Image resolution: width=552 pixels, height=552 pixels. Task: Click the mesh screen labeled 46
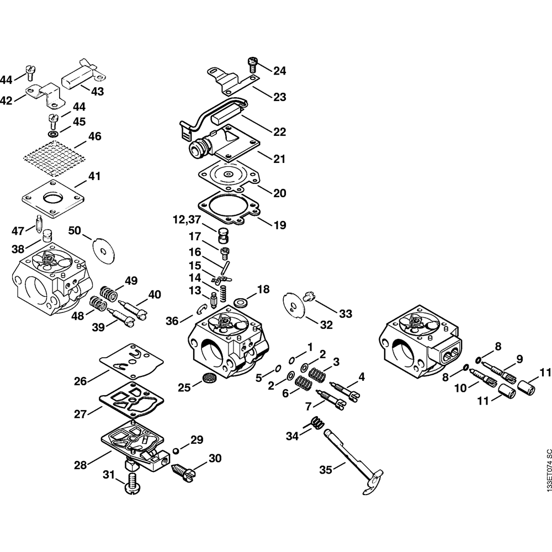54,154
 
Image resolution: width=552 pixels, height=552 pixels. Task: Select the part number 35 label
326,470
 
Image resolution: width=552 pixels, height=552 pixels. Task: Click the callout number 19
280,225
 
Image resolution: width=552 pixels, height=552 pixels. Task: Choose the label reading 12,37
186,220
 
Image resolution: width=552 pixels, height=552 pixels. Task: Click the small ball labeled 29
175,450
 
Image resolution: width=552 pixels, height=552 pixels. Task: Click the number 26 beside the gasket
81,380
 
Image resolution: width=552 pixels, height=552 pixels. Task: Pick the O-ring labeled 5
278,369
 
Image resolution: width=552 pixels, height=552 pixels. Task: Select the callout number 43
97,91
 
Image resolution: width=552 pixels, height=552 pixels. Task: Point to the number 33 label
346,314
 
